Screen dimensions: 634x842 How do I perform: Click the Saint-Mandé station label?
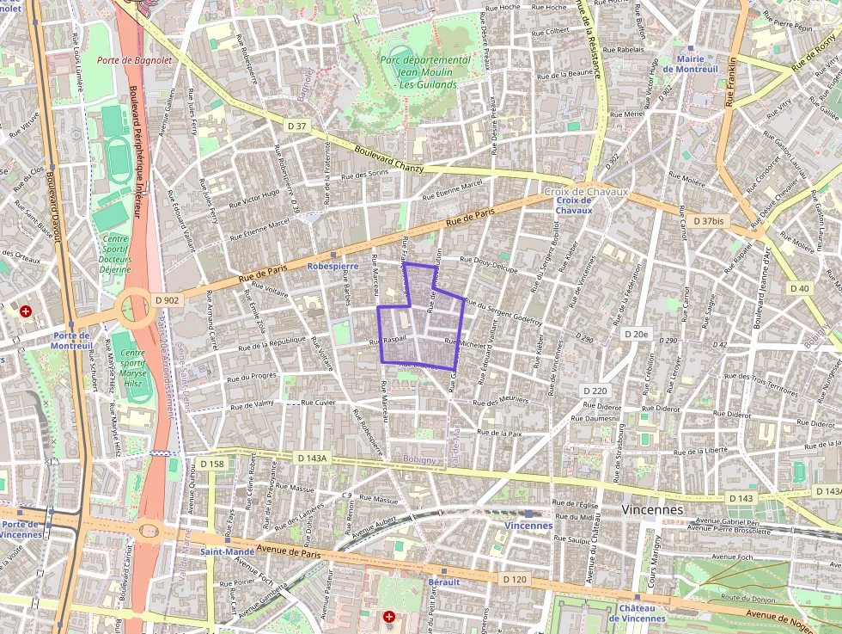pos(228,551)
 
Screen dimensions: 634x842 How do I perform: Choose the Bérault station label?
pos(443,582)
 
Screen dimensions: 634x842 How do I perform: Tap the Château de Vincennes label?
pos(637,612)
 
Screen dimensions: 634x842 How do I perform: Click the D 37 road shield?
pos(297,126)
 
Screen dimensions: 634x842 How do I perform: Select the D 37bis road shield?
pos(707,221)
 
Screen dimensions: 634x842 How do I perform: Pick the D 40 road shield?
pos(799,288)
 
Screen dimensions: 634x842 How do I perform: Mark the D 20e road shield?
pos(637,333)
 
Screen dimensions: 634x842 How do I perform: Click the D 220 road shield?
pos(595,391)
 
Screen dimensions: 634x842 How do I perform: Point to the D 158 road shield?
pos(212,464)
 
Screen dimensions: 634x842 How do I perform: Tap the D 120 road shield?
pos(514,579)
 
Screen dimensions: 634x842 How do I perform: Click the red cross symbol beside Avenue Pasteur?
pos(389,617)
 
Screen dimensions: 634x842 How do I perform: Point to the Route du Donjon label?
pos(744,597)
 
